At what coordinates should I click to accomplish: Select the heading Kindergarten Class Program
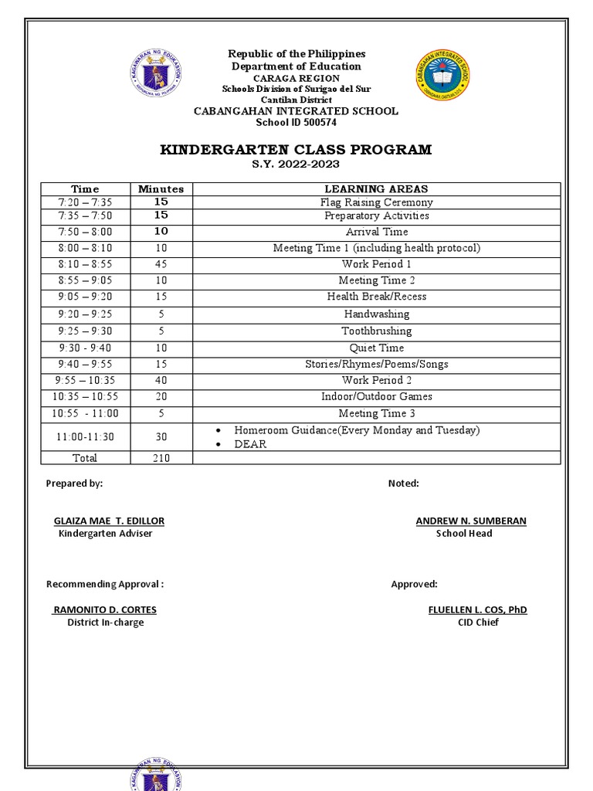(296, 149)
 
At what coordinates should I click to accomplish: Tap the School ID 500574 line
(296, 122)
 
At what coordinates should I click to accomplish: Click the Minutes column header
(161, 188)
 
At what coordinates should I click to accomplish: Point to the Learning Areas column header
(376, 188)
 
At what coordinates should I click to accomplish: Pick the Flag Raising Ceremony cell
(376, 202)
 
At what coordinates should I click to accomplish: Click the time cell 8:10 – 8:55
(85, 264)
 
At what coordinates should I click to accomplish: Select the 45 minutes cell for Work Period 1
(161, 264)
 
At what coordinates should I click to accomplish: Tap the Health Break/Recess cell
(376, 297)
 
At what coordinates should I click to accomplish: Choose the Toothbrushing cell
(376, 331)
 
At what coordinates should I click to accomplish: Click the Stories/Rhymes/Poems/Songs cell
(376, 364)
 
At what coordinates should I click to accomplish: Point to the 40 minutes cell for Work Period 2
(161, 380)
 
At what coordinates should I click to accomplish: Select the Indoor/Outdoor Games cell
(376, 396)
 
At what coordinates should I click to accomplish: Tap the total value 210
(161, 458)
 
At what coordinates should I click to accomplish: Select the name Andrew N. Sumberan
(471, 521)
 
